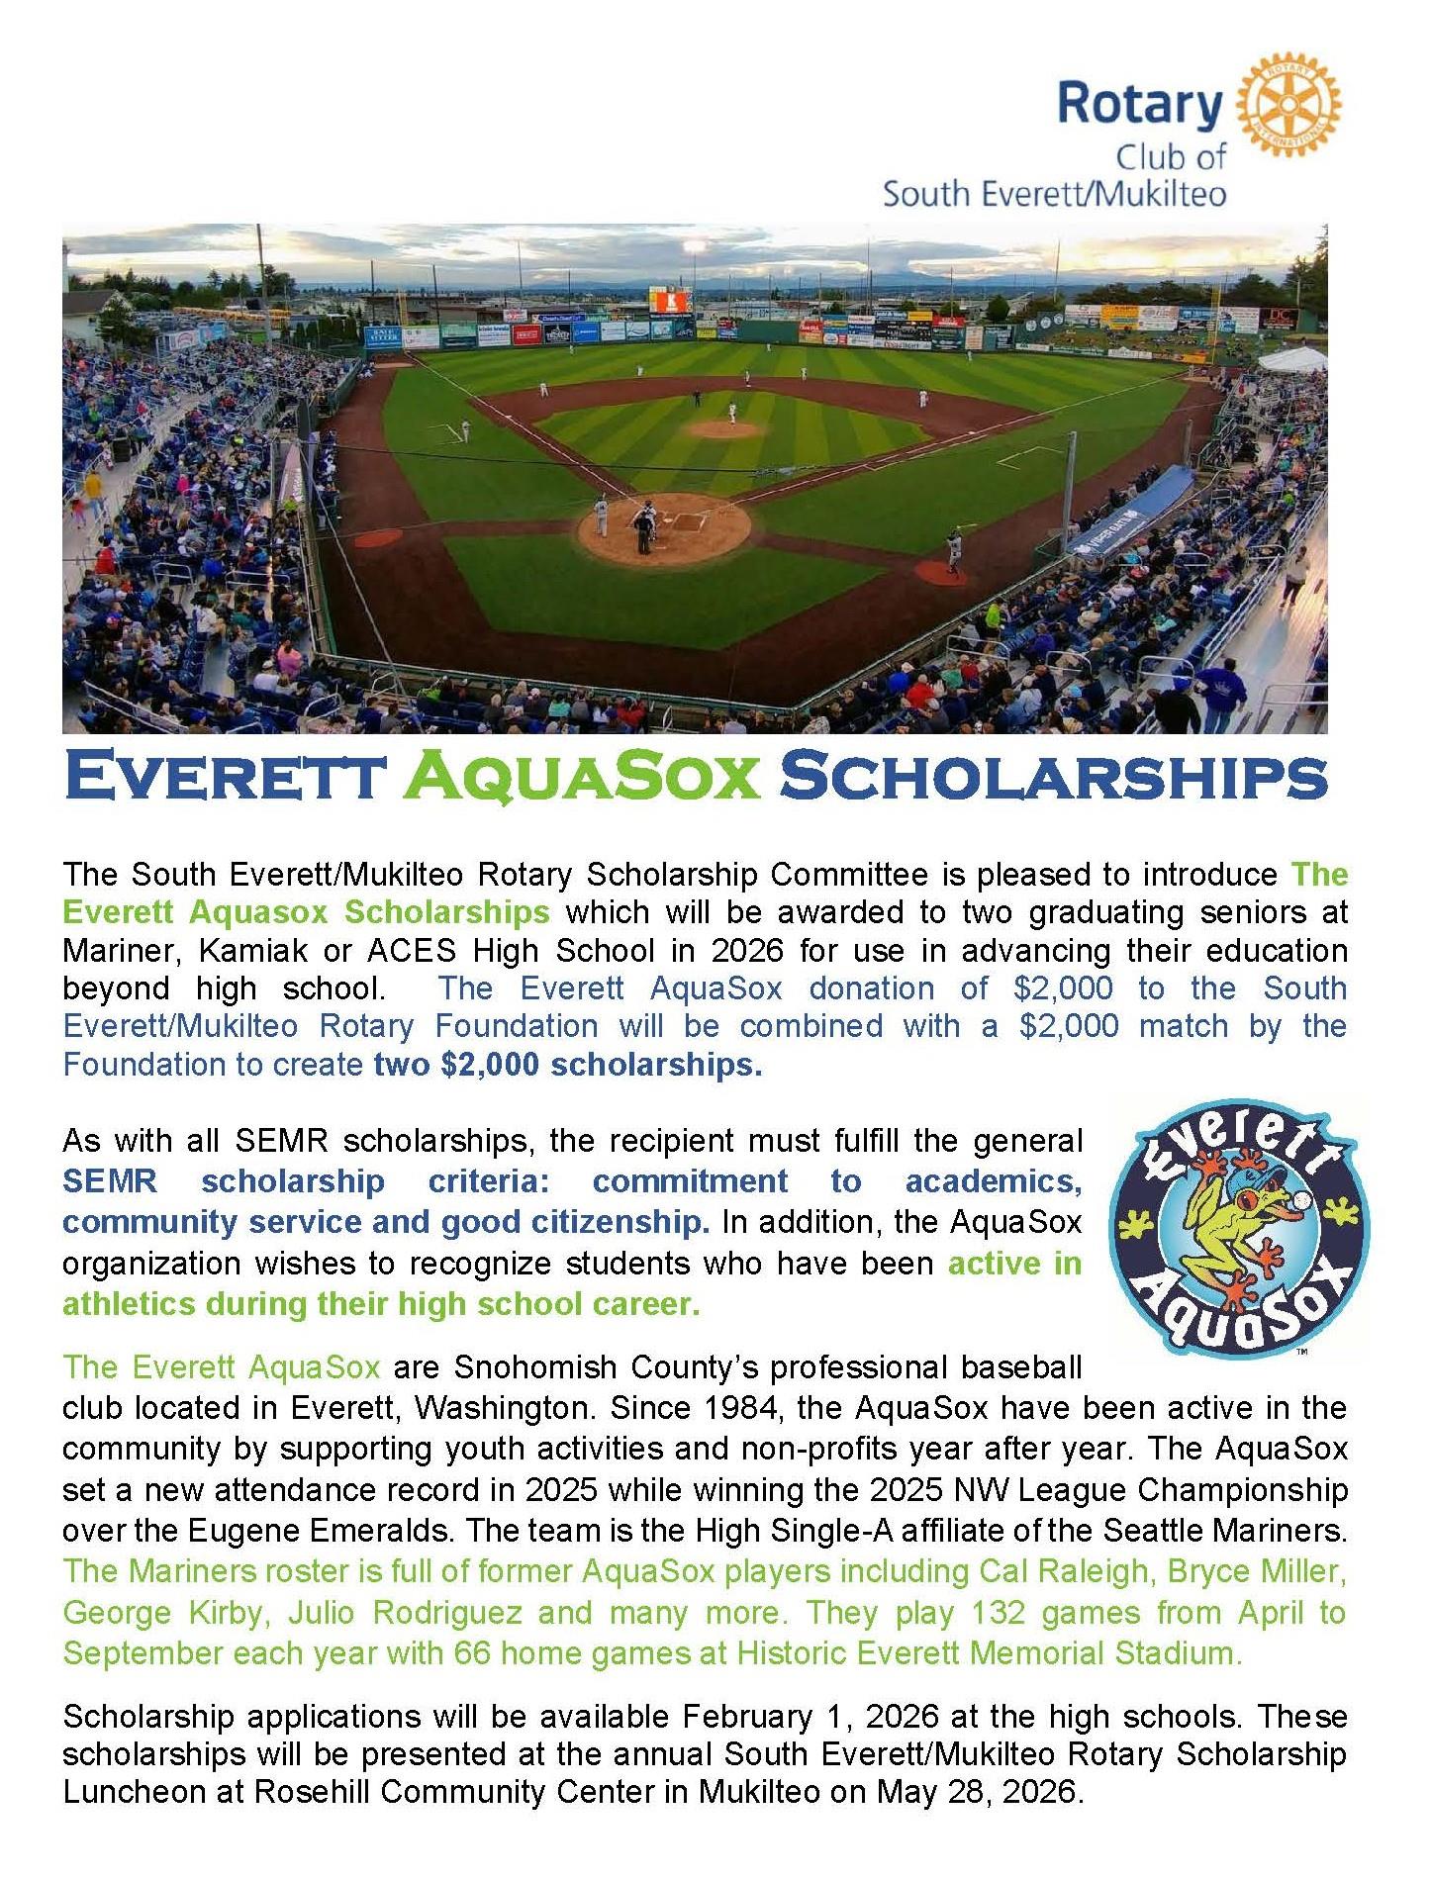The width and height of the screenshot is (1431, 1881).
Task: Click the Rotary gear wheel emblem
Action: tap(1289, 105)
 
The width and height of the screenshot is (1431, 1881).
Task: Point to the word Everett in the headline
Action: tap(222, 778)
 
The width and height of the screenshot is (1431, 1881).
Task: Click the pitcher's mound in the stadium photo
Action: tap(727, 428)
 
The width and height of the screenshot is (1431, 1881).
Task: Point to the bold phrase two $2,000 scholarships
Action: tap(568, 1065)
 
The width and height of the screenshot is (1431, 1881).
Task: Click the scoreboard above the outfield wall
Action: tap(670, 300)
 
